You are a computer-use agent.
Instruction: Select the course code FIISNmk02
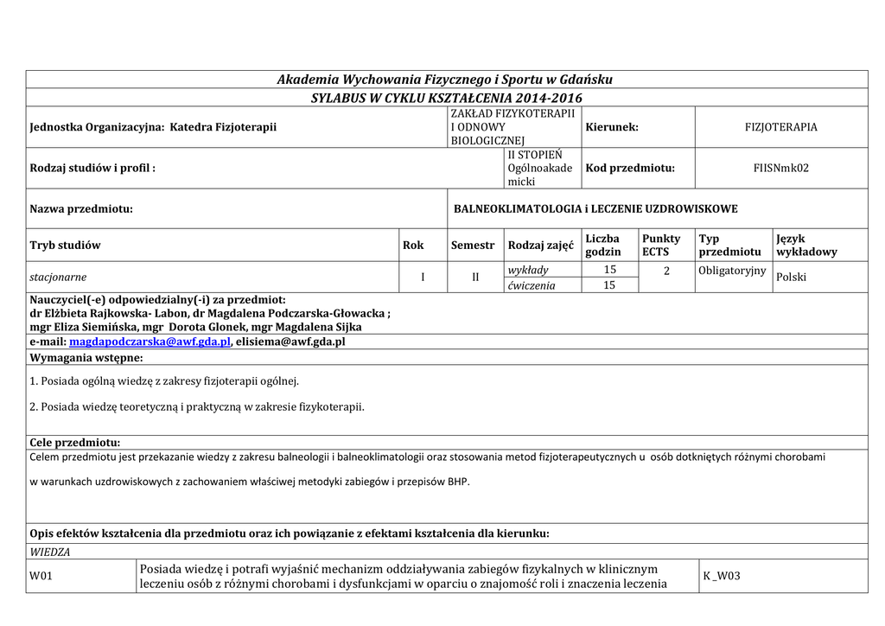coord(780,168)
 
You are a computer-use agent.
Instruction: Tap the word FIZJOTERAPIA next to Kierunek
coord(780,127)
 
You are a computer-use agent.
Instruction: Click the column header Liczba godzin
coord(603,245)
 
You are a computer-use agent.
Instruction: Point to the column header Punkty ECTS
coord(661,245)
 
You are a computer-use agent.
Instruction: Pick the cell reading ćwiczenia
coord(532,285)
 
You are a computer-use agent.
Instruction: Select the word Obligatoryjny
coord(732,271)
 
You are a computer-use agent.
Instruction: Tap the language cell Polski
coord(792,278)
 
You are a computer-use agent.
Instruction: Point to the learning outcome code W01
coord(41,576)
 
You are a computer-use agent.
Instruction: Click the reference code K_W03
coord(722,576)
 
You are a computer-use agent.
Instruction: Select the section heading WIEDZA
coord(50,552)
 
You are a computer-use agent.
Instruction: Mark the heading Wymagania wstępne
coord(86,357)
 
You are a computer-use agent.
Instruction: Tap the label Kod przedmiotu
coord(630,168)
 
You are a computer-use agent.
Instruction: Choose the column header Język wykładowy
coord(806,245)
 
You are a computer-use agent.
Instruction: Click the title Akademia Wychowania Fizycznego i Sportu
coord(444,80)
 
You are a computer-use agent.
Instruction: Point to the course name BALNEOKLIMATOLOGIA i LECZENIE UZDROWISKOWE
coord(595,209)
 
